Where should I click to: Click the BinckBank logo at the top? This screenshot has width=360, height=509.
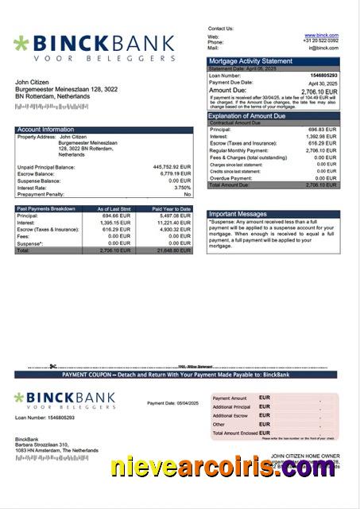click(94, 48)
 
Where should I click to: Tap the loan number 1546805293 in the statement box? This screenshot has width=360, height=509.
click(322, 76)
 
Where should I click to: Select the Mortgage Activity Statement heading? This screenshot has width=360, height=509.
click(250, 60)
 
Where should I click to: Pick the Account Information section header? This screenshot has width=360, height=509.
click(45, 129)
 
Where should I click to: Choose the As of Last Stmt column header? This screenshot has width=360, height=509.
click(113, 208)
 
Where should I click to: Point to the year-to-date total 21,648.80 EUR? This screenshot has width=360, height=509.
click(174, 250)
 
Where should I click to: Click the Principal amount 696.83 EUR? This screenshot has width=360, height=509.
click(322, 129)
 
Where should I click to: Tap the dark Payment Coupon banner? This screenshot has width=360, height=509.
click(180, 374)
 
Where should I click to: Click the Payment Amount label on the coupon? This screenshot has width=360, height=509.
click(230, 398)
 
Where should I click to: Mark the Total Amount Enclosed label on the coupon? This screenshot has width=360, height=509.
click(238, 433)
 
